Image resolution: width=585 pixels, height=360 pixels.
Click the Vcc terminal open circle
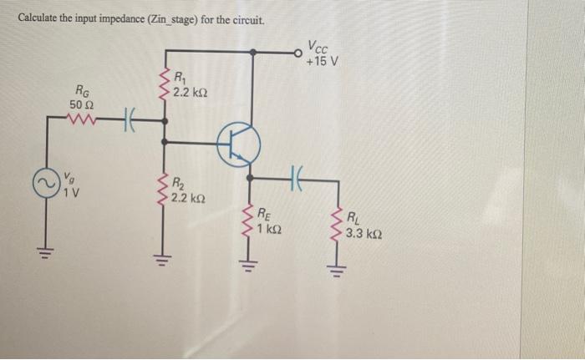[298, 51]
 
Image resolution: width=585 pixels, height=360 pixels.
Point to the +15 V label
[322, 61]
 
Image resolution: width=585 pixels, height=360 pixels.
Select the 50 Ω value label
[84, 104]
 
